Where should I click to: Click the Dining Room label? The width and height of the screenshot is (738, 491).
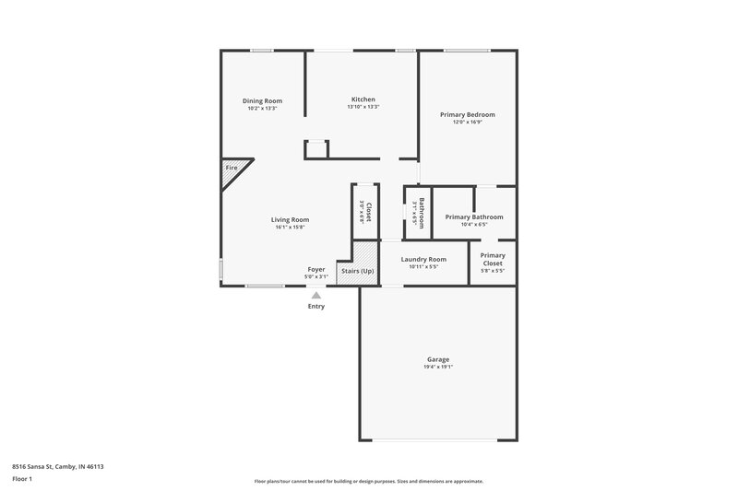(262, 100)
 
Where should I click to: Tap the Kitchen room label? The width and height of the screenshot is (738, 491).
(363, 99)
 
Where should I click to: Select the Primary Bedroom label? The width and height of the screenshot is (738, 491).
(467, 114)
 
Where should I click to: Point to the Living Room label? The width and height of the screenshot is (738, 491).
(290, 219)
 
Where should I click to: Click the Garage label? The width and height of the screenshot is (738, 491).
(437, 359)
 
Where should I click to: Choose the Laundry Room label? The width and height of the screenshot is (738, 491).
(423, 259)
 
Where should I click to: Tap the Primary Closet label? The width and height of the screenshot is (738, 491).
(493, 259)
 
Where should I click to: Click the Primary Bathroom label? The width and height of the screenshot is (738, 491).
(473, 217)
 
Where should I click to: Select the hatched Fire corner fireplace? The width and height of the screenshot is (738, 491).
(231, 172)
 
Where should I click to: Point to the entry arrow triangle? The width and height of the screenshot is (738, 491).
(316, 296)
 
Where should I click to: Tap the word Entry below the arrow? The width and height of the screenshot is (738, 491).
(316, 307)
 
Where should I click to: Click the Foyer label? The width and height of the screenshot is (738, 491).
(316, 269)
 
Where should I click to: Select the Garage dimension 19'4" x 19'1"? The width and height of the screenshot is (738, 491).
(437, 368)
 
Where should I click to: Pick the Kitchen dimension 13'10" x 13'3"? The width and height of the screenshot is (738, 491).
(363, 108)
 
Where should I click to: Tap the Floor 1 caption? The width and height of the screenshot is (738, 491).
(23, 480)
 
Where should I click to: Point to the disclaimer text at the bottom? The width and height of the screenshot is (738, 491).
(369, 481)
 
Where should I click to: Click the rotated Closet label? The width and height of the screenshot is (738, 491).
(368, 211)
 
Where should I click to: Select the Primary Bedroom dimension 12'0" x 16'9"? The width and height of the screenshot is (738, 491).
(467, 123)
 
